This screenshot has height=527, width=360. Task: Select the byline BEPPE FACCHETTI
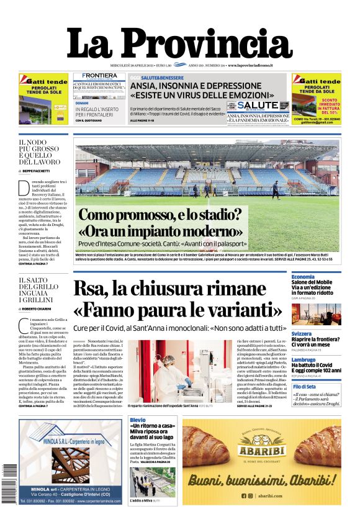pos(38,170)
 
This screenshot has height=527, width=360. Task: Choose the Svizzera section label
pos(303,333)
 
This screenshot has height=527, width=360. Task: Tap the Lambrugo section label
pos(305,359)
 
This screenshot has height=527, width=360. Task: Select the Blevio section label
pos(138,421)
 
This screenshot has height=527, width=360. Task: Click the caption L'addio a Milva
pos(140,500)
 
